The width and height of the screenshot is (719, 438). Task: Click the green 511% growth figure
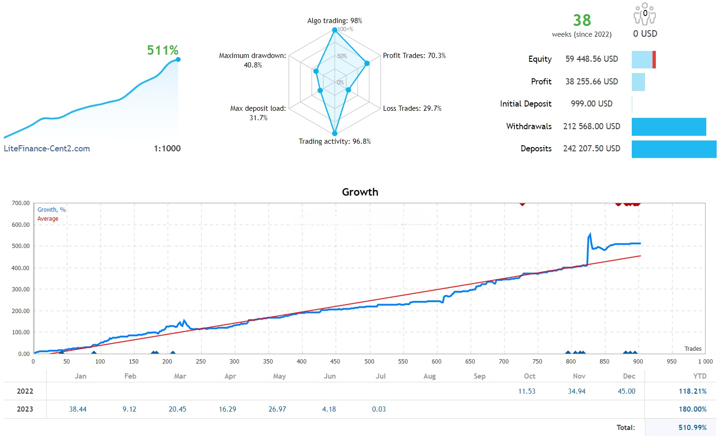tap(163, 50)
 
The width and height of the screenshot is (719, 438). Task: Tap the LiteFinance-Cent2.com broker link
tap(47, 149)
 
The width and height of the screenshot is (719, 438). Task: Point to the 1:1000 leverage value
tap(167, 149)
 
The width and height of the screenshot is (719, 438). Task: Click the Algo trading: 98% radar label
tap(335, 21)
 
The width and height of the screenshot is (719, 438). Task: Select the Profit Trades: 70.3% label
tap(414, 56)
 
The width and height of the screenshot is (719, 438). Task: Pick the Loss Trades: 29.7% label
tap(412, 108)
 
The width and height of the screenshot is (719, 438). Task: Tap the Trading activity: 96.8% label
tap(335, 141)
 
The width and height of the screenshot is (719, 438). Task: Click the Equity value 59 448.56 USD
tap(591, 59)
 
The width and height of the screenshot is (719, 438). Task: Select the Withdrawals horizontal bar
tap(669, 126)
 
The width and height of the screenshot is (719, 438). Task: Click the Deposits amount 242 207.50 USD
tap(591, 149)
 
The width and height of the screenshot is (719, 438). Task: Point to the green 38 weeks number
tap(582, 20)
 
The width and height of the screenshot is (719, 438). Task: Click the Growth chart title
tap(360, 192)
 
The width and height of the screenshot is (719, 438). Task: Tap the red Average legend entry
tap(48, 219)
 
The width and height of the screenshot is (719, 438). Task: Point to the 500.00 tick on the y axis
tap(21, 246)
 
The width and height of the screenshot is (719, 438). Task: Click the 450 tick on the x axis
tap(335, 362)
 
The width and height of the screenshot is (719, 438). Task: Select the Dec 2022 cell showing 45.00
tap(627, 391)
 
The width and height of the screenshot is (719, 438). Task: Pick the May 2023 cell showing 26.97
tap(277, 409)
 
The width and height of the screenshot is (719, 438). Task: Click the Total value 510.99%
tap(692, 428)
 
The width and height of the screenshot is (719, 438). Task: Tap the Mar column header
tap(180, 376)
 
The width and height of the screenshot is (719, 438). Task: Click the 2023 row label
tap(25, 409)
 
